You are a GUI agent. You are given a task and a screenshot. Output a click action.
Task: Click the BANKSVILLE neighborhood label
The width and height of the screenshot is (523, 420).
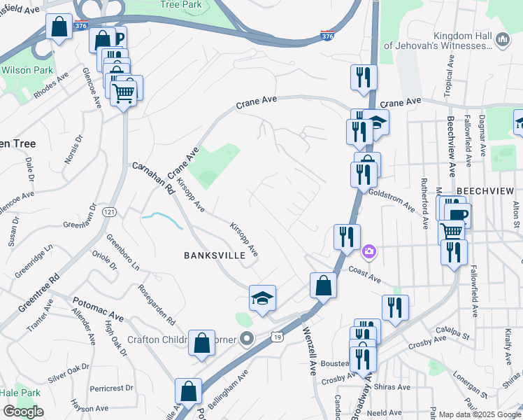[x=214, y=255]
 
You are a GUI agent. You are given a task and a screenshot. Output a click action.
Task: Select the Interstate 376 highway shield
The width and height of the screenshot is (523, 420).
[x=327, y=35]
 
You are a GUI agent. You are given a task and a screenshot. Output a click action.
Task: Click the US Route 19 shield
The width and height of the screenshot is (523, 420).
[x=278, y=338]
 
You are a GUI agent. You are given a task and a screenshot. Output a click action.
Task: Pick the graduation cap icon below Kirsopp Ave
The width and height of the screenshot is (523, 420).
[x=263, y=298]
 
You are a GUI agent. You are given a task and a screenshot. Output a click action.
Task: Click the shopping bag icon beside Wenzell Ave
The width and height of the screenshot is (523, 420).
[x=323, y=286]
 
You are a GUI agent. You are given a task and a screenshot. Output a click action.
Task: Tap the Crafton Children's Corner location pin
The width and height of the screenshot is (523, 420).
[x=246, y=339]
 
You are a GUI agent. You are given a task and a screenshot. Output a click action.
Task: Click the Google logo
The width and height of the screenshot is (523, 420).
[x=22, y=412]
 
